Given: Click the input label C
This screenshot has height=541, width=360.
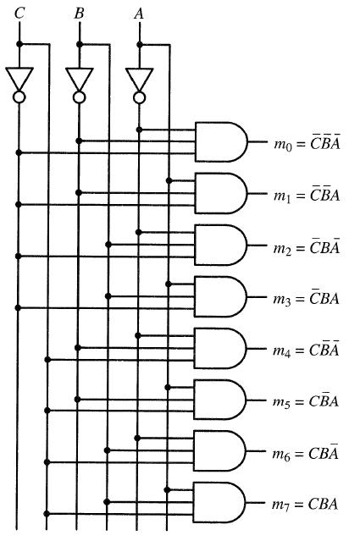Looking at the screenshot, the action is pyautogui.click(x=19, y=14).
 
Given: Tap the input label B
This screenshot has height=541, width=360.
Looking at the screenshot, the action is pyautogui.click(x=79, y=14).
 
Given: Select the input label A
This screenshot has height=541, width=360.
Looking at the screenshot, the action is pyautogui.click(x=139, y=14).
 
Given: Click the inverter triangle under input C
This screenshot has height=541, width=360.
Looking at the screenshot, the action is pyautogui.click(x=19, y=79).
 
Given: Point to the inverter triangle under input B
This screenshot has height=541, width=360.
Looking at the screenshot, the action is pyautogui.click(x=79, y=79).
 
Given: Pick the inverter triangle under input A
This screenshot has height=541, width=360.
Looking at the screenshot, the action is pyautogui.click(x=139, y=80).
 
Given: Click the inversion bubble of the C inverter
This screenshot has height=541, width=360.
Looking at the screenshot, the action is pyautogui.click(x=19, y=97).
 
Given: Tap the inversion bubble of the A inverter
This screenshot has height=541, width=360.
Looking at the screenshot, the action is pyautogui.click(x=139, y=97).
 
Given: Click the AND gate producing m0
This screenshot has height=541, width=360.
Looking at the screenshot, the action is pyautogui.click(x=221, y=141).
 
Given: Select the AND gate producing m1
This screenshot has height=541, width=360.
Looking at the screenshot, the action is pyautogui.click(x=221, y=193).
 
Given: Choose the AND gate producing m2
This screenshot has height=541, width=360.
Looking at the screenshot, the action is pyautogui.click(x=220, y=245).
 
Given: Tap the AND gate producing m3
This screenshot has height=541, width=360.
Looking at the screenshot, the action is pyautogui.click(x=220, y=296).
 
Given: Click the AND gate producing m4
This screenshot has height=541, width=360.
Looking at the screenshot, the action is pyautogui.click(x=220, y=348).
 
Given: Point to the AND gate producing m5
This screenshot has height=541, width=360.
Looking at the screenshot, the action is pyautogui.click(x=220, y=400).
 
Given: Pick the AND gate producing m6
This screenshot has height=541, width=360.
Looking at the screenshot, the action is pyautogui.click(x=219, y=450).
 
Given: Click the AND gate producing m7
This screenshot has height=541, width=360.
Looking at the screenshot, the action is pyautogui.click(x=219, y=502).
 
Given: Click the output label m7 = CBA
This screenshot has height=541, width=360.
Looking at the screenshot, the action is pyautogui.click(x=305, y=505).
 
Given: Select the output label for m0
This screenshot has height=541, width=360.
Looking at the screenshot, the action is pyautogui.click(x=307, y=142).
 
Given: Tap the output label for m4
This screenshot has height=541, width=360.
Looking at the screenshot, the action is pyautogui.click(x=306, y=349).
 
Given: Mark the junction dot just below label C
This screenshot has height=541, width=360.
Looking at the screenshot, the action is pyautogui.click(x=19, y=44).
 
